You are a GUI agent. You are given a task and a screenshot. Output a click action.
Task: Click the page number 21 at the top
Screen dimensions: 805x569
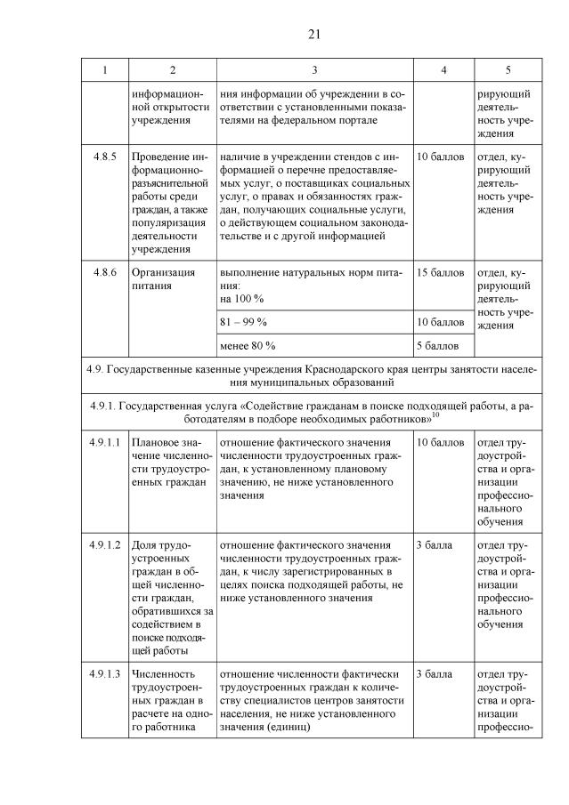coord(313,35)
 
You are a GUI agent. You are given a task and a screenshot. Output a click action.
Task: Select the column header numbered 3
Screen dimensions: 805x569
coord(315,69)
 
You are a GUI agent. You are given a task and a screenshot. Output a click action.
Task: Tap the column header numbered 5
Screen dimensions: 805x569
coord(508,69)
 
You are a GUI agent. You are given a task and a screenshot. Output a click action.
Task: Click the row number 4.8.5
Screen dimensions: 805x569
coord(104,157)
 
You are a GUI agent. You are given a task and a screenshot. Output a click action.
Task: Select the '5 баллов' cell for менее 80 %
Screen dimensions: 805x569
coord(438,344)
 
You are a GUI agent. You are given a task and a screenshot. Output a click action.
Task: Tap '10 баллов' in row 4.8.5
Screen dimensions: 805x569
coord(441,157)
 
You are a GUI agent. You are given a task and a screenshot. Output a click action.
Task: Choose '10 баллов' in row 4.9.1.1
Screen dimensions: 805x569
coord(441,442)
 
